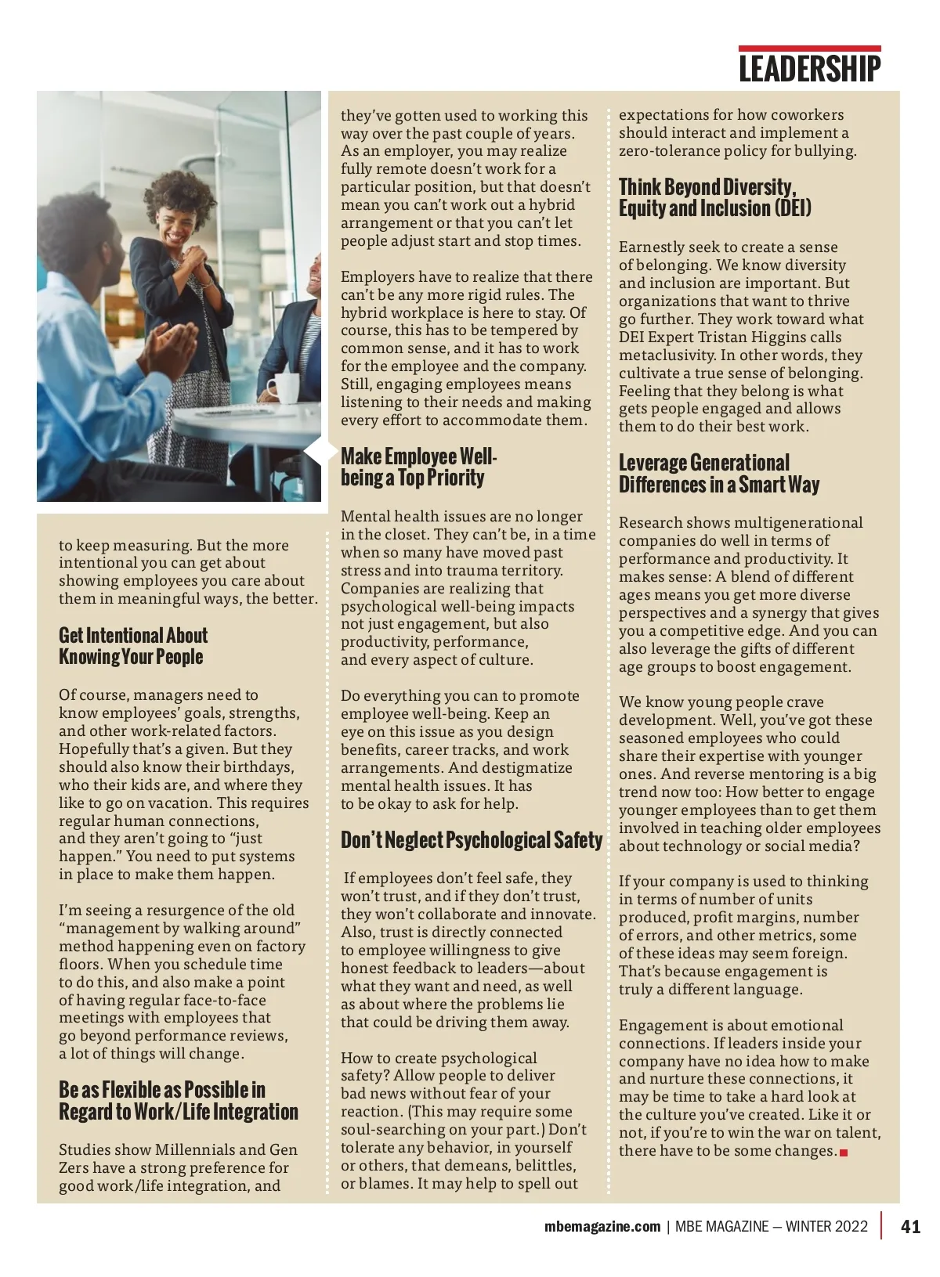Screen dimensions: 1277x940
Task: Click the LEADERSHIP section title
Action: point(809,69)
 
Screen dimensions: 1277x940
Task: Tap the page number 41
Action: point(911,1227)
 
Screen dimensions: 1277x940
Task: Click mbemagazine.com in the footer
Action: point(602,1227)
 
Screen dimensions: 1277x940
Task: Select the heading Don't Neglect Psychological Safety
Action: point(472,840)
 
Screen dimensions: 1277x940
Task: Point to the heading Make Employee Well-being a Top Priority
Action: point(418,467)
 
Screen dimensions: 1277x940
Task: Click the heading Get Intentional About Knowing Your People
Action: point(133,646)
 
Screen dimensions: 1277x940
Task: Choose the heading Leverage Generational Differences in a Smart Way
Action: point(718,474)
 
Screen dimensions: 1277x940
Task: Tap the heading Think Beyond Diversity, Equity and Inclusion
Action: point(714,197)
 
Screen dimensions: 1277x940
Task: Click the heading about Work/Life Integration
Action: point(178,1101)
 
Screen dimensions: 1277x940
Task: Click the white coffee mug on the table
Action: point(284,388)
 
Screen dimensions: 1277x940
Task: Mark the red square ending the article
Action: point(844,1153)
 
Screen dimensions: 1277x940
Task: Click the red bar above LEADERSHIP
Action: point(809,49)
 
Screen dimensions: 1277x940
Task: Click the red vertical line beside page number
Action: point(882,1225)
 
